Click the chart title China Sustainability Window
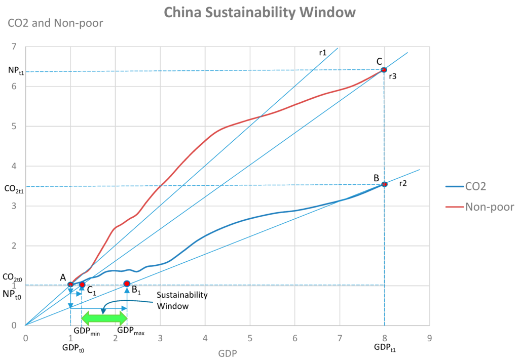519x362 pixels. (x=259, y=12)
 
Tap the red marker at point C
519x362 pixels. (x=384, y=70)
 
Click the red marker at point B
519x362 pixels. (x=384, y=184)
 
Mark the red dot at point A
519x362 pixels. (x=70, y=285)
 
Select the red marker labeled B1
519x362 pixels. (x=127, y=284)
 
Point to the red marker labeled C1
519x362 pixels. (x=82, y=285)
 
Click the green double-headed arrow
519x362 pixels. (x=104, y=318)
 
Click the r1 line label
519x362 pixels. (x=322, y=52)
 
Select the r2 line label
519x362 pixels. (x=403, y=183)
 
